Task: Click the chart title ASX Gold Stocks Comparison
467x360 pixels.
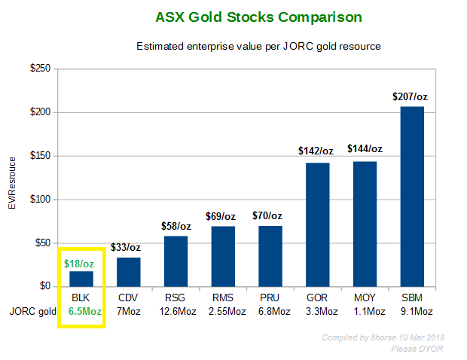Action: (258, 17)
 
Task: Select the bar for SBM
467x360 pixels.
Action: (412, 197)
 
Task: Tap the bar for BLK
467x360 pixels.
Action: (81, 279)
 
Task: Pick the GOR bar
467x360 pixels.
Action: (318, 225)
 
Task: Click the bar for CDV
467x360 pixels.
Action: (128, 272)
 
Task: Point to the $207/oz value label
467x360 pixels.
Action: (410, 96)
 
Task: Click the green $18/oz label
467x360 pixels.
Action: (79, 264)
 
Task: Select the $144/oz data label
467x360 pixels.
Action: (365, 148)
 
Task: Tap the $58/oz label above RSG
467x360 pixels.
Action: (176, 226)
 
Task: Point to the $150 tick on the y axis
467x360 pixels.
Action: (40, 156)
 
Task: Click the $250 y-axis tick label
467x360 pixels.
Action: (40, 69)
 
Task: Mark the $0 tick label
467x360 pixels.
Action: (45, 286)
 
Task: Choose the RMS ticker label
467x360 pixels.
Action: (223, 297)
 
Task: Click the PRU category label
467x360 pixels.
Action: (270, 297)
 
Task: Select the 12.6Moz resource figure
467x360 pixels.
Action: (178, 312)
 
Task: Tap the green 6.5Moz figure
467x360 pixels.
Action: (85, 312)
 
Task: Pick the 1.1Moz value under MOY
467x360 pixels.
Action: (369, 312)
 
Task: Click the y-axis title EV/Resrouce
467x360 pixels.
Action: (12, 183)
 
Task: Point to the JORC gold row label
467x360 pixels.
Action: (32, 312)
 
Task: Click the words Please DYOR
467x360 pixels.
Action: (417, 349)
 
